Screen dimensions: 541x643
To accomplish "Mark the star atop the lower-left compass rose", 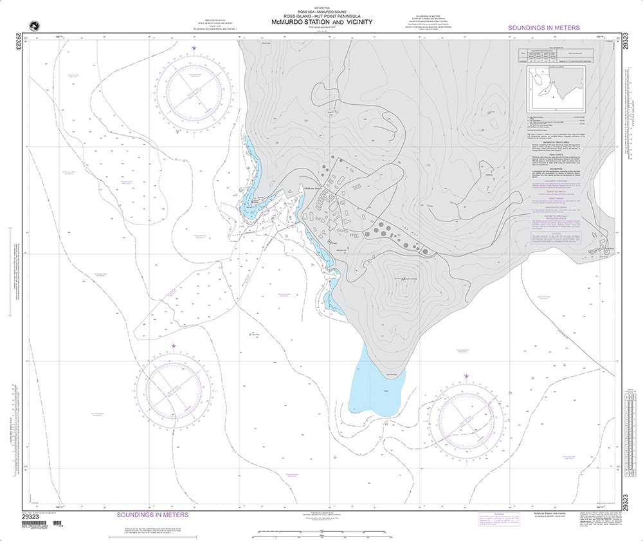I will click(174, 345).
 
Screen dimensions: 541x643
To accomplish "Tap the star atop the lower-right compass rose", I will click(466, 376).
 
